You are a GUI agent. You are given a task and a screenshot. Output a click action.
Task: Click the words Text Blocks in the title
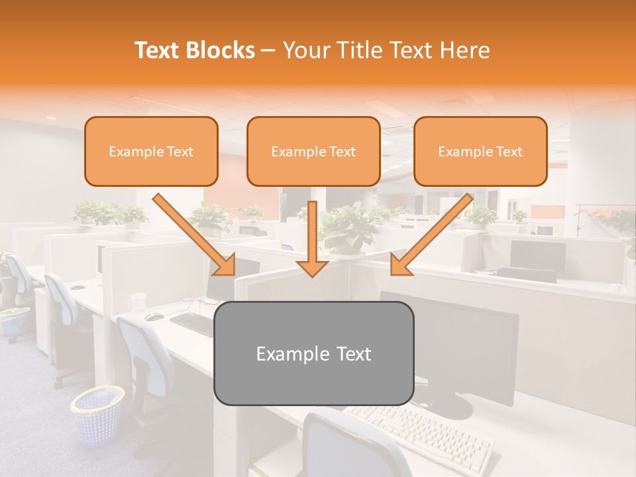click(x=194, y=50)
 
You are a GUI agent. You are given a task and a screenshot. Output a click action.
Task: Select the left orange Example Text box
click(x=151, y=151)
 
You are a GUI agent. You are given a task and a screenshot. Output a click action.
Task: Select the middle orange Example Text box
click(x=313, y=151)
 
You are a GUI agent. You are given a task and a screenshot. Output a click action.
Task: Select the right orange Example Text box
click(x=480, y=151)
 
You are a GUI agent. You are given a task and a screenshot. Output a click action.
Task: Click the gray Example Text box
click(x=313, y=353)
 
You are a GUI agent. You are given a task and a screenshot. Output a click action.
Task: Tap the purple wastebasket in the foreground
click(x=98, y=416)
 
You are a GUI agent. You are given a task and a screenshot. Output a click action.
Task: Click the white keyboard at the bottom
click(x=424, y=431)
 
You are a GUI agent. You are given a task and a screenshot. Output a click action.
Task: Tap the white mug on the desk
click(x=137, y=302)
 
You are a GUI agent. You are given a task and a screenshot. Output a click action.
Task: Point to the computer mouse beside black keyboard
click(x=154, y=317)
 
